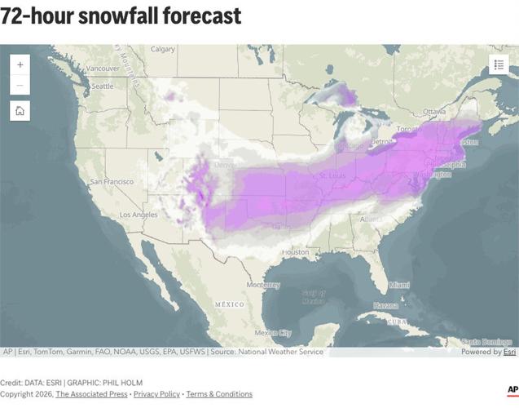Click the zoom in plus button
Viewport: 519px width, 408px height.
[x=20, y=64]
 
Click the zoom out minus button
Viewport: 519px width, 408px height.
[x=20, y=85]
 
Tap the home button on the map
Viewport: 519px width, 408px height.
[x=20, y=111]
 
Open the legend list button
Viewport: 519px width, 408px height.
[x=499, y=64]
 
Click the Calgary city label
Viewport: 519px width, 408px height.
[x=163, y=49]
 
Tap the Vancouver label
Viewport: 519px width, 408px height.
[x=103, y=69]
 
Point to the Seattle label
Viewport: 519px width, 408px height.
[x=103, y=86]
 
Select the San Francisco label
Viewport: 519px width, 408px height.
[x=112, y=181]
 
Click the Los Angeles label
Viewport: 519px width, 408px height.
[x=139, y=215]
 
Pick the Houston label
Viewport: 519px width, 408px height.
[x=296, y=252]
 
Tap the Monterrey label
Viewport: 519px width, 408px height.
[x=263, y=285]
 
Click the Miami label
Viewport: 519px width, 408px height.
[x=399, y=285]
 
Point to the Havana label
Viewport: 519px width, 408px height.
[x=386, y=305]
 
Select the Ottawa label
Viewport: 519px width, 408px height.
[x=434, y=111]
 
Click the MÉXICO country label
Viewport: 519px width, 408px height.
[x=229, y=304]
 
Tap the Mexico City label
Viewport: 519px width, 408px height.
[x=272, y=333]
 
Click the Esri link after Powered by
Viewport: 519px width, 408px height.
[x=509, y=352]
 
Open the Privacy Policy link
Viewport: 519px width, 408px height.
[x=156, y=394]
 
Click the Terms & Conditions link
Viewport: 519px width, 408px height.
[x=219, y=394]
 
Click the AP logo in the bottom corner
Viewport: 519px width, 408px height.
[x=512, y=390]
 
